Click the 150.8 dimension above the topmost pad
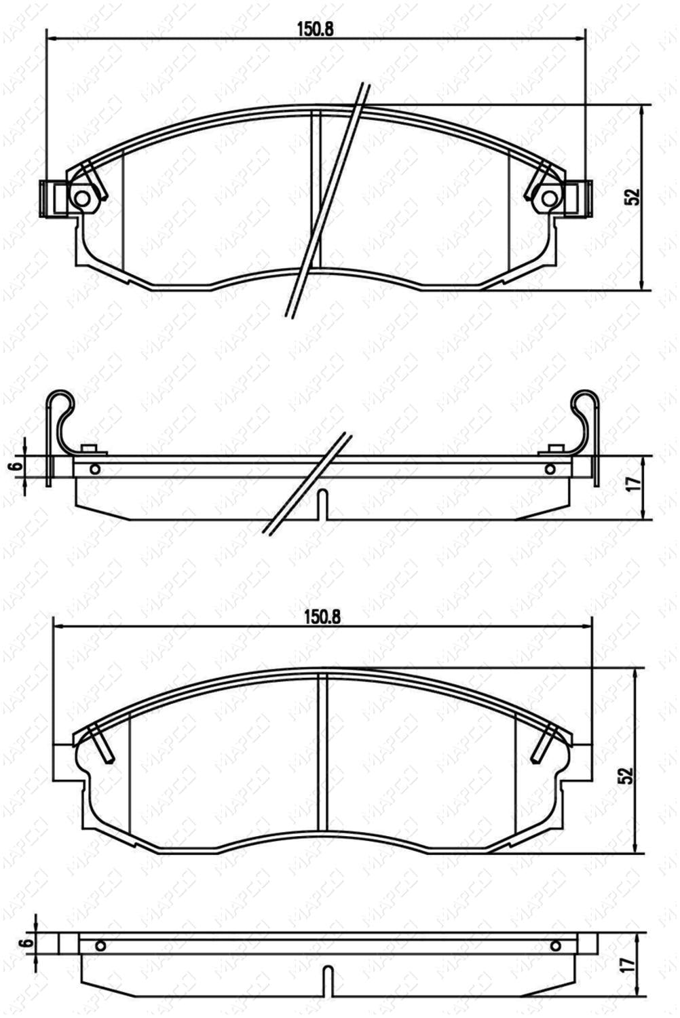[x=316, y=29]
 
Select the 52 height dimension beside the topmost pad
[x=633, y=196]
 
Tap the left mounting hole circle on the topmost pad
[x=82, y=198]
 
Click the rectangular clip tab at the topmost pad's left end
[x=53, y=197]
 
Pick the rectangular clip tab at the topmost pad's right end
[x=579, y=197]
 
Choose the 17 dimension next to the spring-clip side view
[x=639, y=482]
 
